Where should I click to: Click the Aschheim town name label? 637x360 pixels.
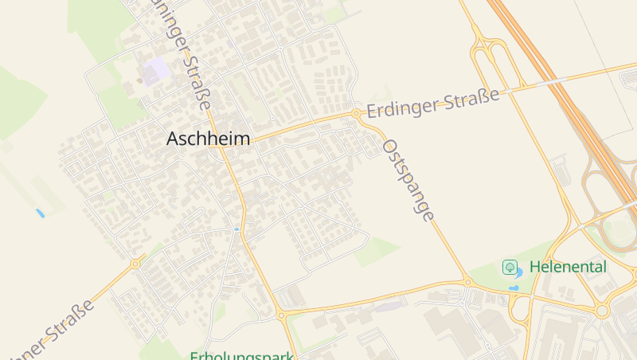coord(208,139)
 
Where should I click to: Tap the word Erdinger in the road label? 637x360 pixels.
coord(401,108)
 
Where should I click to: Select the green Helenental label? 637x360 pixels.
coord(568,267)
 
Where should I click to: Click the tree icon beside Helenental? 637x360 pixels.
coord(510,267)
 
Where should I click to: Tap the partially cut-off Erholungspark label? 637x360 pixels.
coord(242,355)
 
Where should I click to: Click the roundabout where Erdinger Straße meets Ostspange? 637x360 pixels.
coord(355,114)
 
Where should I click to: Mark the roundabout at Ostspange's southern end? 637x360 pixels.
coord(467,281)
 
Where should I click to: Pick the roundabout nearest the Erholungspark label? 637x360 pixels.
coord(281,315)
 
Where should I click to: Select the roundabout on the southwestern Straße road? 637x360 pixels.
coord(135,263)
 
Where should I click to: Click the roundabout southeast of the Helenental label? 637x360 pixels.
coord(603,310)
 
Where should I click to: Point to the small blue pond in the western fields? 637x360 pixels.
coord(40,213)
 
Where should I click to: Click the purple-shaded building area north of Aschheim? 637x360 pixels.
coord(154,70)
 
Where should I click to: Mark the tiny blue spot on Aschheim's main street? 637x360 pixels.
coord(236,229)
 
